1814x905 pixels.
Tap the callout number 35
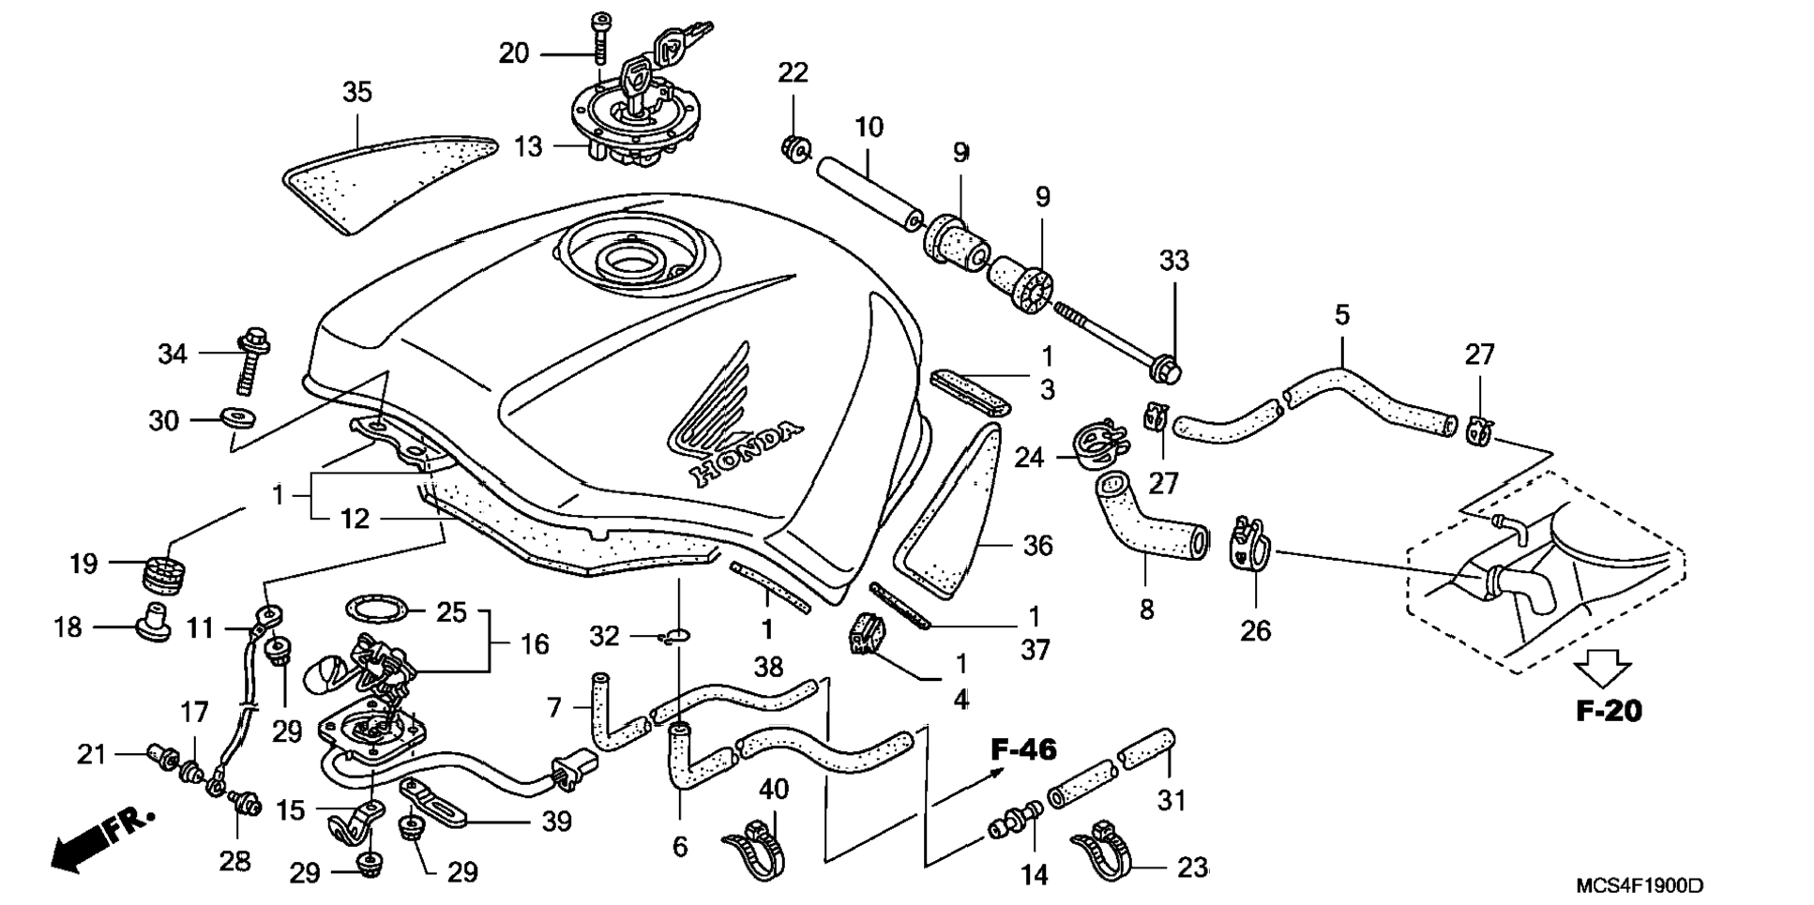point(356,92)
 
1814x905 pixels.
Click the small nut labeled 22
point(794,147)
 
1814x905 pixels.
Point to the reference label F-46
point(1024,749)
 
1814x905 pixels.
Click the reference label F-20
point(1610,711)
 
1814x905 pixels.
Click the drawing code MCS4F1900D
point(1640,885)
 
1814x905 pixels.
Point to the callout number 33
point(1173,261)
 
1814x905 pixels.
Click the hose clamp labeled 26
point(1247,543)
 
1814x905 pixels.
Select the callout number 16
point(535,644)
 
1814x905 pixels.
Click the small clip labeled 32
point(673,637)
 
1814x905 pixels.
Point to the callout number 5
point(1342,315)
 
